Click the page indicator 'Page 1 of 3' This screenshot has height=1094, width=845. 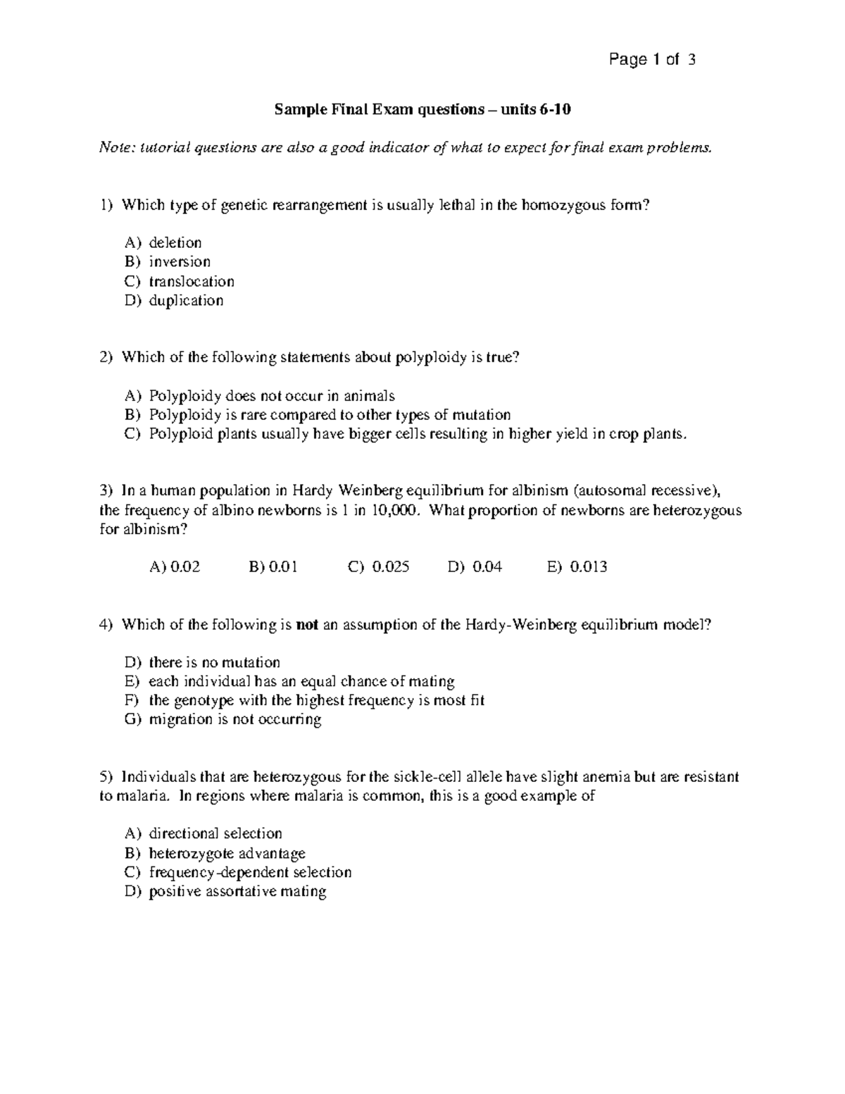(652, 60)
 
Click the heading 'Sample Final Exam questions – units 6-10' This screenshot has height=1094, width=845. (418, 109)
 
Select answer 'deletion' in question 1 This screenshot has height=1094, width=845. (175, 242)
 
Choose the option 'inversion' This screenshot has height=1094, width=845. (180, 261)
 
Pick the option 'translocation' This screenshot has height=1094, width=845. (192, 281)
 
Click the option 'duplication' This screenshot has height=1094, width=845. (186, 300)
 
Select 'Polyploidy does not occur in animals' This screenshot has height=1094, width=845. (272, 395)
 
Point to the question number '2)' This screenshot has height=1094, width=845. (106, 357)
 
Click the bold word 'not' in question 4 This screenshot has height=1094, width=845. (308, 624)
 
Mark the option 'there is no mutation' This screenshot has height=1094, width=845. (214, 662)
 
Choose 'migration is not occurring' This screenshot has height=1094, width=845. (235, 719)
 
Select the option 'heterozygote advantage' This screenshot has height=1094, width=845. (227, 853)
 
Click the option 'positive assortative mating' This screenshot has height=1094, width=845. (237, 891)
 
